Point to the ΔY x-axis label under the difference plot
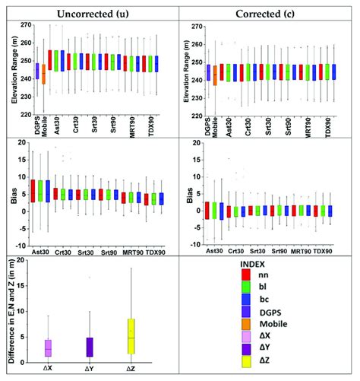(x=90, y=369)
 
